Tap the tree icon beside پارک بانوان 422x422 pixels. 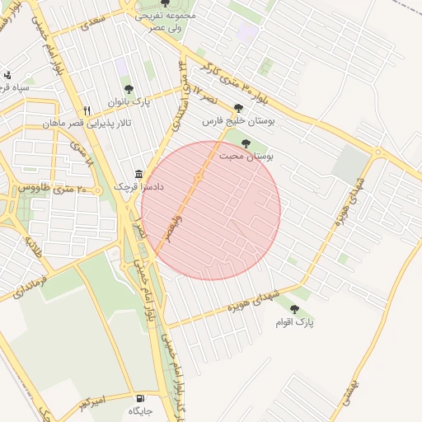128,88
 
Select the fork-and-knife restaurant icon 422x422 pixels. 86,110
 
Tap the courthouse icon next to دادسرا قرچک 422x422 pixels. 138,174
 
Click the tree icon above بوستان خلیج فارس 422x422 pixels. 238,107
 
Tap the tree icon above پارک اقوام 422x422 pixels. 294,309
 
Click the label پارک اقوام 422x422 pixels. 295,322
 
